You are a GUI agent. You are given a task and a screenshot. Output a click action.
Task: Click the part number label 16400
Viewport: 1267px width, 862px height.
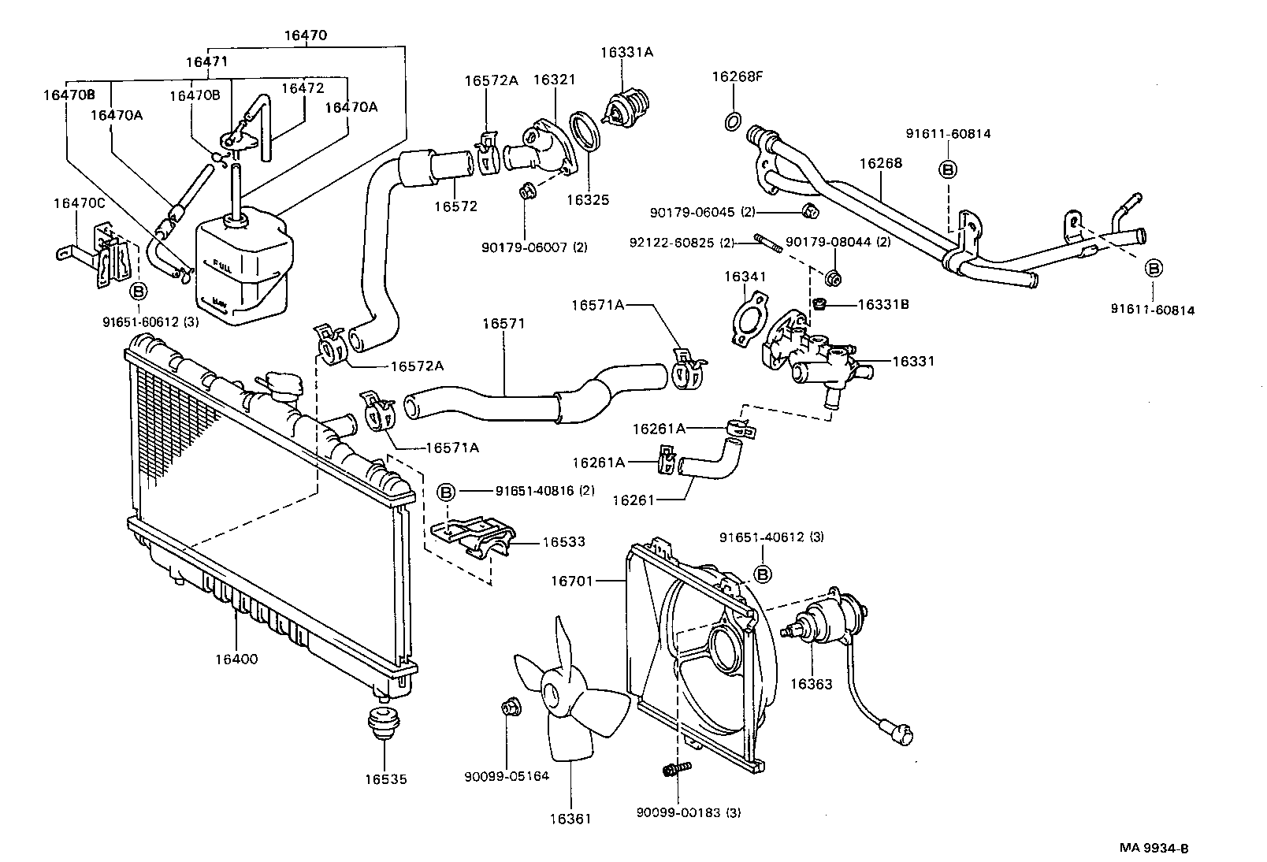tap(236, 659)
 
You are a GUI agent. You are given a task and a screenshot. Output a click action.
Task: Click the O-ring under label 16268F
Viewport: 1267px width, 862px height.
tap(732, 121)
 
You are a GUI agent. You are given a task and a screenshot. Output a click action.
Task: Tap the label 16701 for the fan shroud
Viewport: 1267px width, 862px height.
tap(570, 581)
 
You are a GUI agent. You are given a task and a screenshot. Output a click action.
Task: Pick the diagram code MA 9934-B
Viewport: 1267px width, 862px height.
tap(1154, 849)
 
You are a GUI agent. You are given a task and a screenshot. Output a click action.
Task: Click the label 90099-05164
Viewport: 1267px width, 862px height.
tap(506, 775)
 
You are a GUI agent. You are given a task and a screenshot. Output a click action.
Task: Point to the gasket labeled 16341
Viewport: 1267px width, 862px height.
tap(749, 319)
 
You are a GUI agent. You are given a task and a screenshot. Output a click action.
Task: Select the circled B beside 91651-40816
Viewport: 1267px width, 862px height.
tap(446, 491)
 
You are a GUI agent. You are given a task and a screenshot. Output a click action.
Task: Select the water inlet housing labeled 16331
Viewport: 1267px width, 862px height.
tap(812, 359)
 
